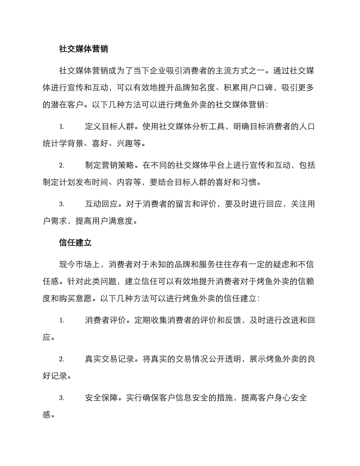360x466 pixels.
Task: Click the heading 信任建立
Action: pos(75,243)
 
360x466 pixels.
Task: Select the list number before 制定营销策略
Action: pos(62,165)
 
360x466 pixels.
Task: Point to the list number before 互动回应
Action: pos(62,204)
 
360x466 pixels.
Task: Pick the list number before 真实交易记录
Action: pos(62,359)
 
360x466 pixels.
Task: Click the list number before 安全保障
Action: pos(62,398)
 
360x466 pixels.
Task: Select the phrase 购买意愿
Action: pos(75,299)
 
